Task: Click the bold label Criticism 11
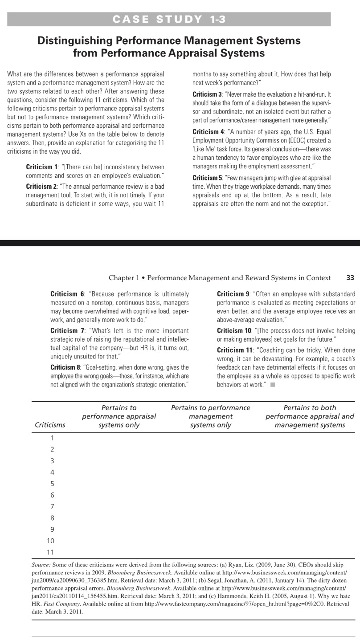tap(234, 349)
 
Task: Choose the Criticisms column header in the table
tap(50, 425)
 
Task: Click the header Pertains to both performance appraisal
tap(310, 416)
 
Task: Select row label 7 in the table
tap(52, 506)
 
